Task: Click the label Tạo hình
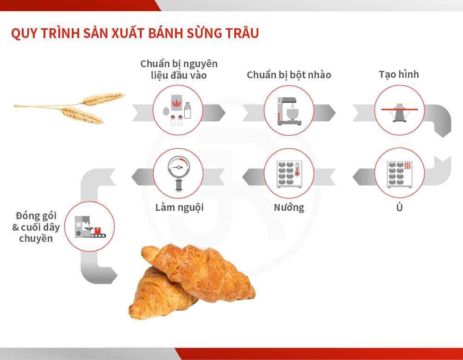coord(399,75)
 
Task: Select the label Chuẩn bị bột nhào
coord(289,75)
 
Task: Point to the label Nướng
coord(289,208)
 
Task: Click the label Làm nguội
coord(180,208)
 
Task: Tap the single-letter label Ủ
coord(399,207)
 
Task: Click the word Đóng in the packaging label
coord(29,216)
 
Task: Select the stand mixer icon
coord(289,111)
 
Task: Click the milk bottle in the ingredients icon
coord(188,111)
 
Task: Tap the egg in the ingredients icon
coord(166,111)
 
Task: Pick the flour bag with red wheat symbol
coord(176,103)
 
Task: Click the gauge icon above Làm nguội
coord(179,173)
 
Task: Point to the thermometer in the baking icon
coord(297,169)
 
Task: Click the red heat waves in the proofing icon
coord(407,165)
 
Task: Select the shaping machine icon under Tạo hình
coord(400,113)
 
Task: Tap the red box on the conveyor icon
coord(97,230)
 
